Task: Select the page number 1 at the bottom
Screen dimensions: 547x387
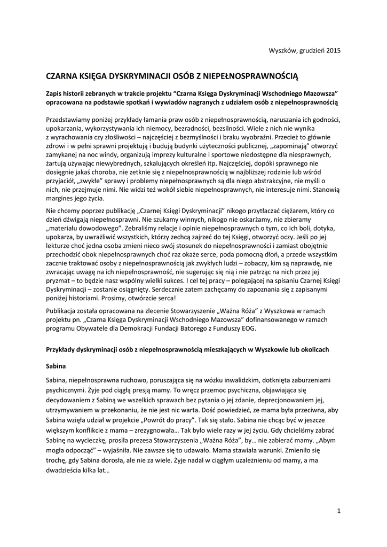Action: click(339, 511)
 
